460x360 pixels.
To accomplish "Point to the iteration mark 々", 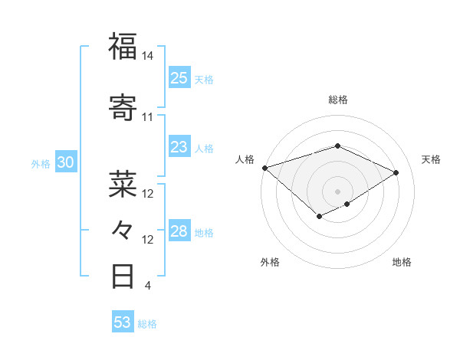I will (123, 229).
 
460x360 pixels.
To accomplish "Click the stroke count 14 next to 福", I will (147, 56).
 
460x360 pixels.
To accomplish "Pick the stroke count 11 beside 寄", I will (147, 117).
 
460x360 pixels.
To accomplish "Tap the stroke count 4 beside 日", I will (147, 286).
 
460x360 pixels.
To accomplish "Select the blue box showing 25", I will (179, 78).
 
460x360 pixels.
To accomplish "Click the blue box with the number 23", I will (179, 147).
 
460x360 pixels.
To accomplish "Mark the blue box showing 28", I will (179, 231).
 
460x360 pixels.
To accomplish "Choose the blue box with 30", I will (65, 162).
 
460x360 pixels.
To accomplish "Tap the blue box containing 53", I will (123, 322).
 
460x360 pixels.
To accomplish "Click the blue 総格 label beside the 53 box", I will (147, 324).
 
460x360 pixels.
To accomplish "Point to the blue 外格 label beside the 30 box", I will (41, 163).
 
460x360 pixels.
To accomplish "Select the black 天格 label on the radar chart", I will (432, 159).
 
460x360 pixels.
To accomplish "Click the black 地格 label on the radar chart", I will (402, 262).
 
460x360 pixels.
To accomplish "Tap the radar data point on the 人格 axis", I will (264, 168).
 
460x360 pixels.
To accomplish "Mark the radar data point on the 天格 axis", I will (396, 172).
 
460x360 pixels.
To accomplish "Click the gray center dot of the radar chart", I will (337, 191).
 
